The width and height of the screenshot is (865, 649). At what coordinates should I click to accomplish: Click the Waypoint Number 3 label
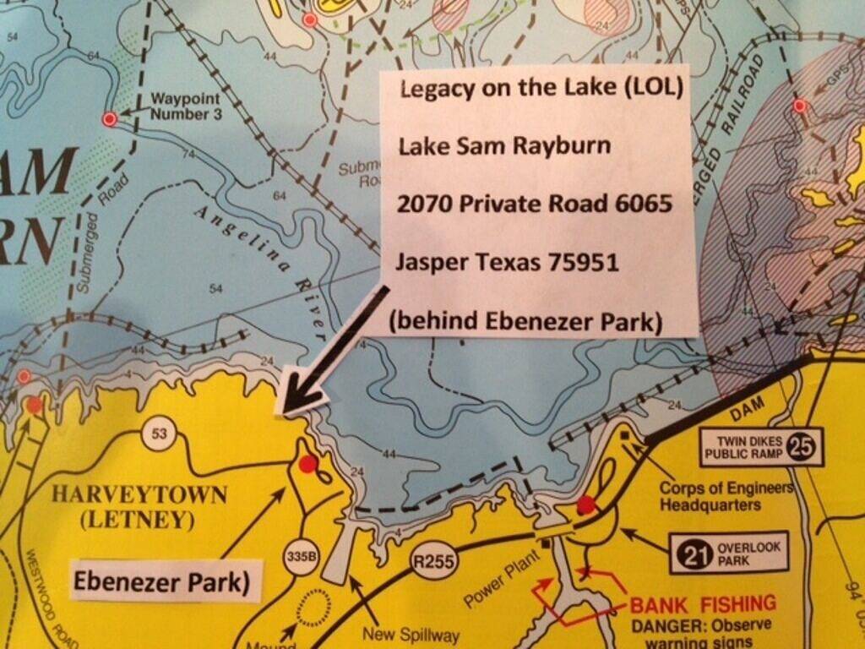pyautogui.click(x=186, y=106)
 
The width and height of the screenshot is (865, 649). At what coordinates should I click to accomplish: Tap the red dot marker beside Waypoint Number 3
pyautogui.click(x=109, y=119)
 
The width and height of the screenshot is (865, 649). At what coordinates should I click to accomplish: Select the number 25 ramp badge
pyautogui.click(x=805, y=447)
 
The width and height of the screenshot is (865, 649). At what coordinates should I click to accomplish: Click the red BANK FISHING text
pyautogui.click(x=703, y=603)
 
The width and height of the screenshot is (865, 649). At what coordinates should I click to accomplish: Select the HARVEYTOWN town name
pyautogui.click(x=140, y=494)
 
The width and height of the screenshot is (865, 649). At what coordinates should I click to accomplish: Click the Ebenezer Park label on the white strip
pyautogui.click(x=161, y=582)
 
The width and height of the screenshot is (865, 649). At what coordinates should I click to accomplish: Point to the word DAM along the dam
pyautogui.click(x=747, y=408)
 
